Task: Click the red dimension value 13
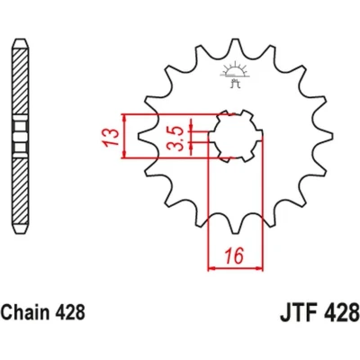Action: [110, 137]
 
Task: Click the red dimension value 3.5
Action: [175, 139]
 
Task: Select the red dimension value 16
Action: [235, 256]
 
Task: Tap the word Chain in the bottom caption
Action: [25, 312]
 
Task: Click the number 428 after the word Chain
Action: [70, 312]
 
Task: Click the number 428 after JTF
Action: [345, 313]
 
